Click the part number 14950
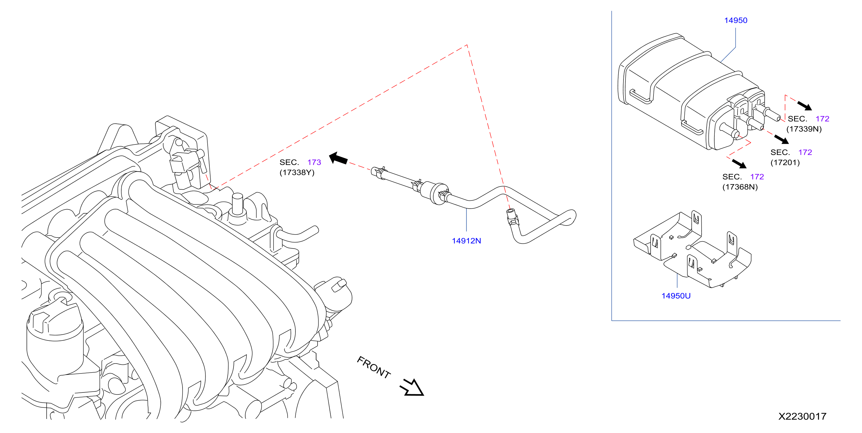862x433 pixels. point(735,20)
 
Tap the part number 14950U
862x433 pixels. point(676,296)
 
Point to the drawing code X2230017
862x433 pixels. point(802,416)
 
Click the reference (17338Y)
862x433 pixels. point(297,172)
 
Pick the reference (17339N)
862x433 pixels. point(804,129)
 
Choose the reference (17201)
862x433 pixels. point(785,163)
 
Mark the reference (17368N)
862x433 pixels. point(740,187)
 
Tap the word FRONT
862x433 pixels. point(374,367)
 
